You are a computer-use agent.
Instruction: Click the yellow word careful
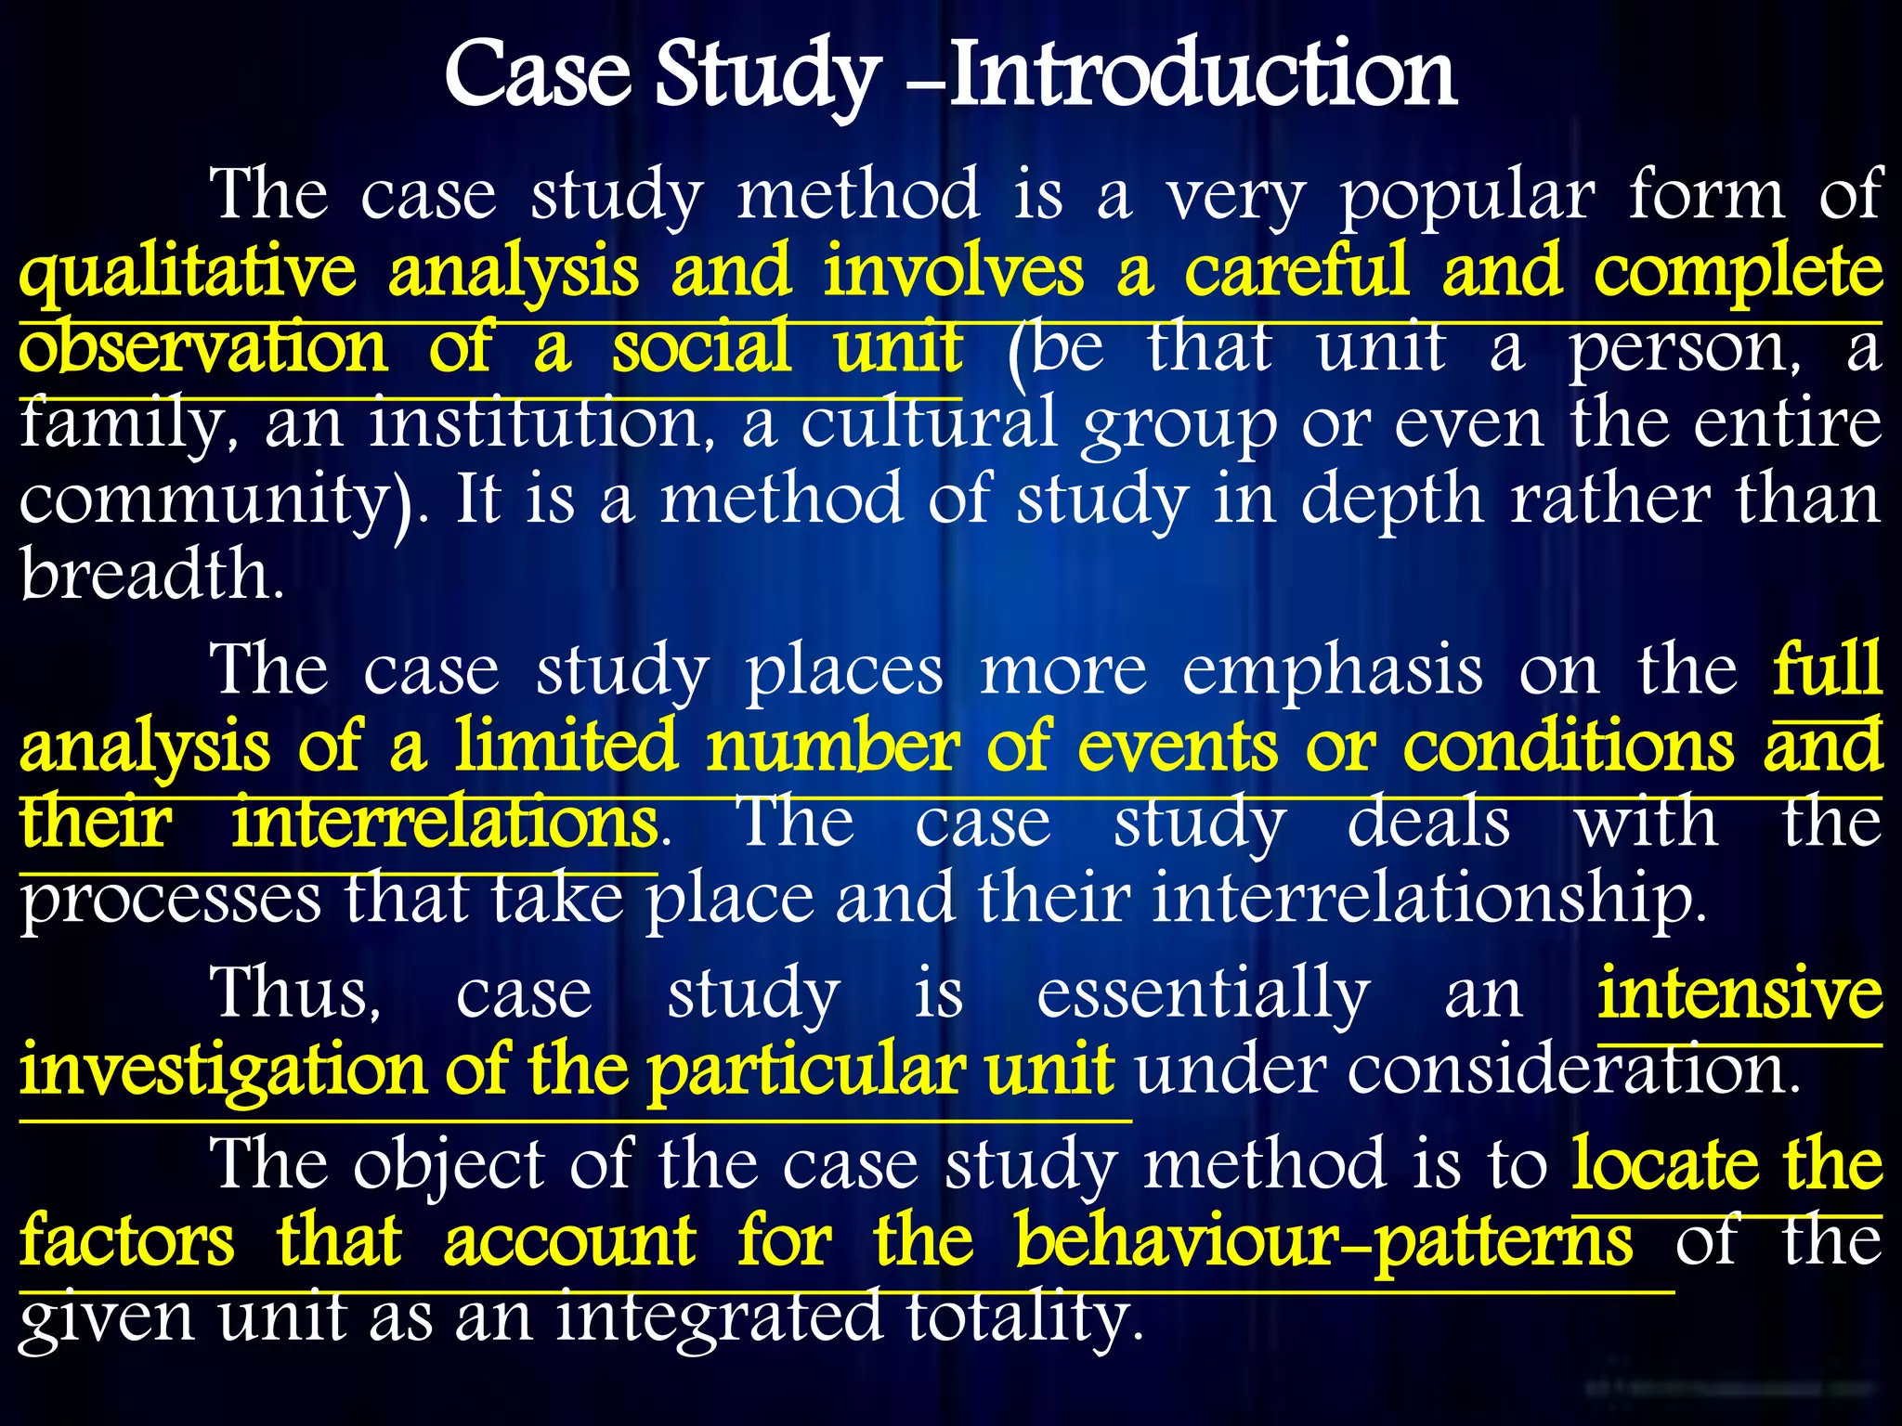[1296, 272]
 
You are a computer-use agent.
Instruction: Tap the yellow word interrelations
[444, 823]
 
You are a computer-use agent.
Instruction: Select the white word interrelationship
[1428, 900]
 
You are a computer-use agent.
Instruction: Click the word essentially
[1203, 994]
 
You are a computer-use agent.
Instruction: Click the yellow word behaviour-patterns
[1322, 1241]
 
